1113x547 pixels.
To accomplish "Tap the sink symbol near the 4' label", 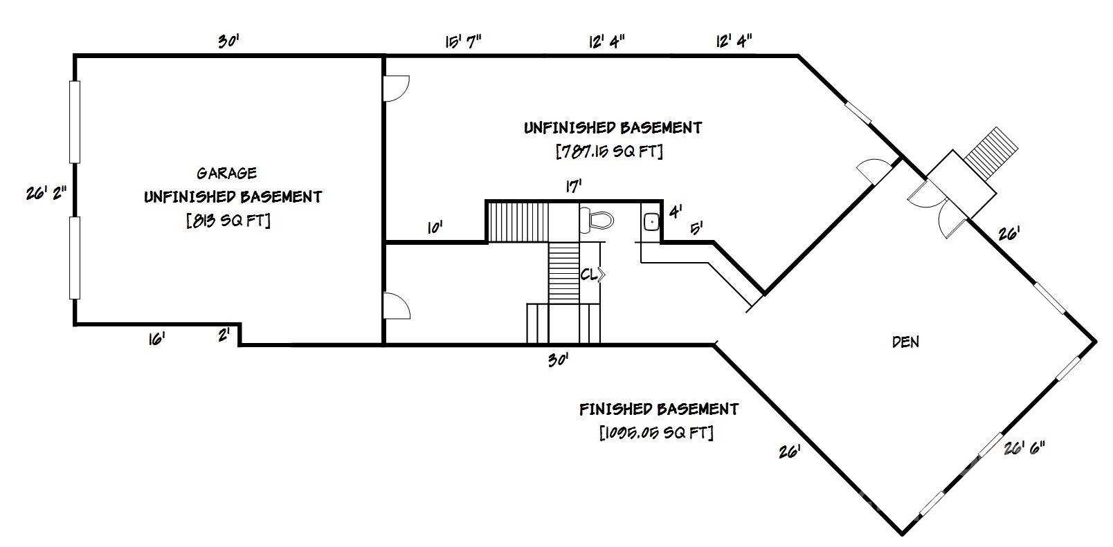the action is pyautogui.click(x=651, y=221).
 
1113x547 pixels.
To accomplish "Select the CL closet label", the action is pyautogui.click(x=589, y=275).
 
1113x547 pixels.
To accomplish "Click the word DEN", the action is pyautogui.click(x=905, y=342).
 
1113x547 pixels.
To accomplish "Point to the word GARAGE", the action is pyautogui.click(x=226, y=173).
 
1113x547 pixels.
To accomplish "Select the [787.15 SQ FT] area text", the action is pyautogui.click(x=609, y=151).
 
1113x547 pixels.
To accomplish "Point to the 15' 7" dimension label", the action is pyautogui.click(x=463, y=41).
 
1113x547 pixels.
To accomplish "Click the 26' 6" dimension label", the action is pyautogui.click(x=1024, y=449).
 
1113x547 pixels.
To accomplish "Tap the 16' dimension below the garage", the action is pyautogui.click(x=156, y=340).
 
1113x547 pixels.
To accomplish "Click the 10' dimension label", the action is pyautogui.click(x=434, y=227).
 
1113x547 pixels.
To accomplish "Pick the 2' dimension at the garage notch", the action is pyautogui.click(x=224, y=336).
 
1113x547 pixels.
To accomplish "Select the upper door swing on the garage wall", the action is pyautogui.click(x=396, y=89).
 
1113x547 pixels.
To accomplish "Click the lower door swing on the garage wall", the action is pyautogui.click(x=396, y=306).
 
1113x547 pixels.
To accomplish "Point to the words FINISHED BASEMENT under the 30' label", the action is pyautogui.click(x=658, y=409).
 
